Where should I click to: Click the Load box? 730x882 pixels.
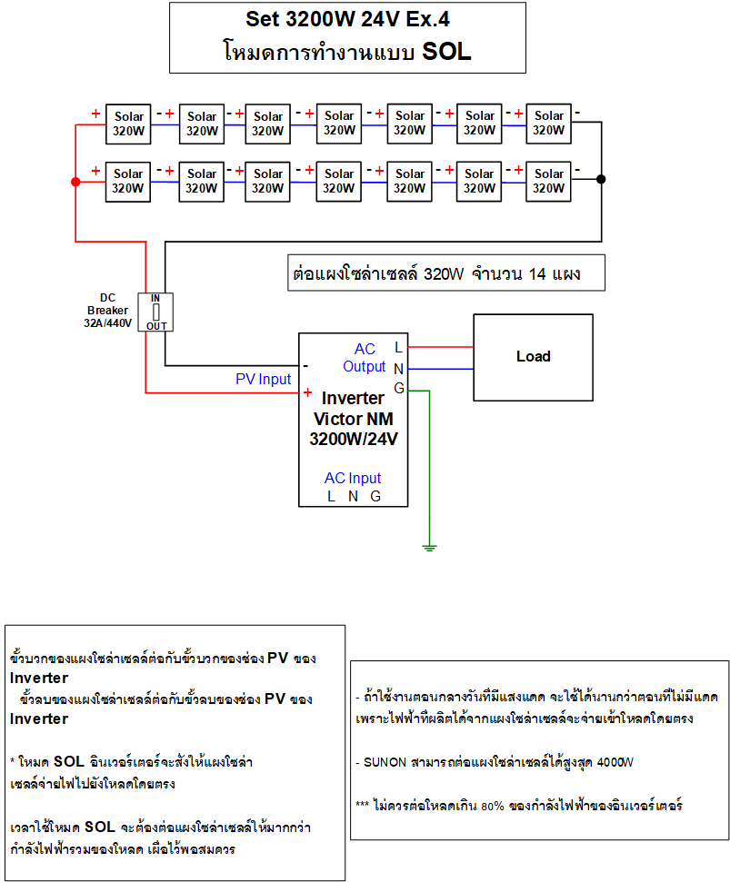533,357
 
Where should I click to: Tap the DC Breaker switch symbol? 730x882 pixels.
155,311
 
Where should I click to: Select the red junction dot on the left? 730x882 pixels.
75,182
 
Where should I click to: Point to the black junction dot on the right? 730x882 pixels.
601,180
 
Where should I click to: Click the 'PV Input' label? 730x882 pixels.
264,379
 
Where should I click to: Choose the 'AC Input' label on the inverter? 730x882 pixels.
353,478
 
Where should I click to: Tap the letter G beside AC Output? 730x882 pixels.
398,389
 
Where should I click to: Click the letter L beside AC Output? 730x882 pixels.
398,347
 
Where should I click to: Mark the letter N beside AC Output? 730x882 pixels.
398,368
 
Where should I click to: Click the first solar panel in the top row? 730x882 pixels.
128,123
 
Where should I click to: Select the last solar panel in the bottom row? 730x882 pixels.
548,181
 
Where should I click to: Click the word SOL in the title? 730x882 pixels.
447,51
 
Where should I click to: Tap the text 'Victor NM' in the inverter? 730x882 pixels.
354,419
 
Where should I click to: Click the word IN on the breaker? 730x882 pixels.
155,298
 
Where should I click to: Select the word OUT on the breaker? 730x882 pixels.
156,324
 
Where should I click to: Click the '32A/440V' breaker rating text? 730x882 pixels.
108,322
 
